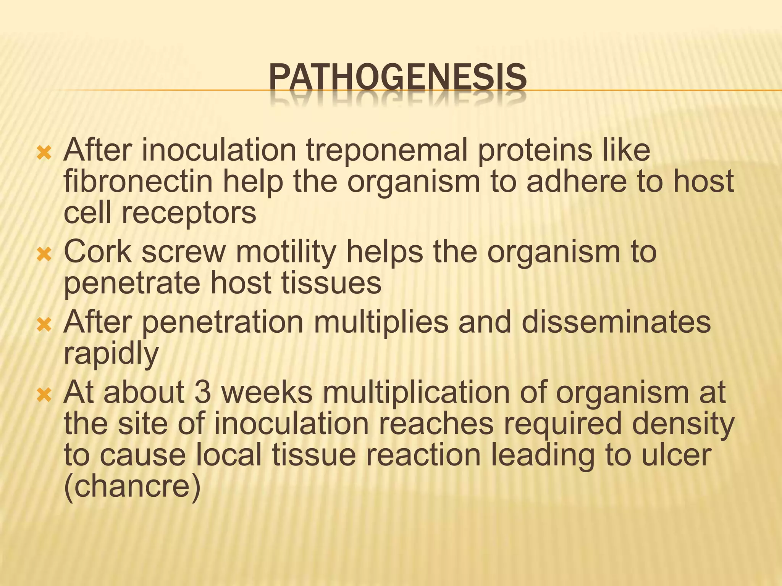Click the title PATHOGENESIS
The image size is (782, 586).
(397, 78)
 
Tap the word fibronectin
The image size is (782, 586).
(138, 182)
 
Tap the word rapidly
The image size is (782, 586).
(111, 354)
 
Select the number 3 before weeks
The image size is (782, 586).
(202, 393)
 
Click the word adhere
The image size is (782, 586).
(576, 182)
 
